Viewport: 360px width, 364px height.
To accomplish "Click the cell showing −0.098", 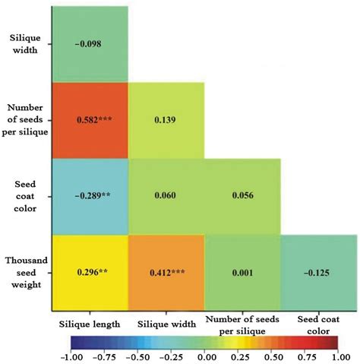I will click(x=90, y=43).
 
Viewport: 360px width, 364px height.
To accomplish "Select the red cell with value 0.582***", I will click(x=90, y=120).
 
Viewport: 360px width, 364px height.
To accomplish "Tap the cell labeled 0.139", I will click(x=166, y=120).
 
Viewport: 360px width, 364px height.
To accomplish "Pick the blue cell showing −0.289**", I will click(x=90, y=195).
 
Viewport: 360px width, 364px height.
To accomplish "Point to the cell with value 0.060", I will click(x=166, y=195).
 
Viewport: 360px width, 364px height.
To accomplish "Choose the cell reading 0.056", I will click(x=242, y=195).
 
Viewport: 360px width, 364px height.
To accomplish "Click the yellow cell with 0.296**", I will click(x=90, y=271).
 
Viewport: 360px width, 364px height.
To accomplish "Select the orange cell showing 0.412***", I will click(x=166, y=271).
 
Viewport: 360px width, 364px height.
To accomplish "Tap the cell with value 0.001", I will click(x=242, y=271).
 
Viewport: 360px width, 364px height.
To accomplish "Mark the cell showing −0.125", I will click(x=319, y=271).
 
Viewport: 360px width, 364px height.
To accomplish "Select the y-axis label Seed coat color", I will click(x=26, y=195).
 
